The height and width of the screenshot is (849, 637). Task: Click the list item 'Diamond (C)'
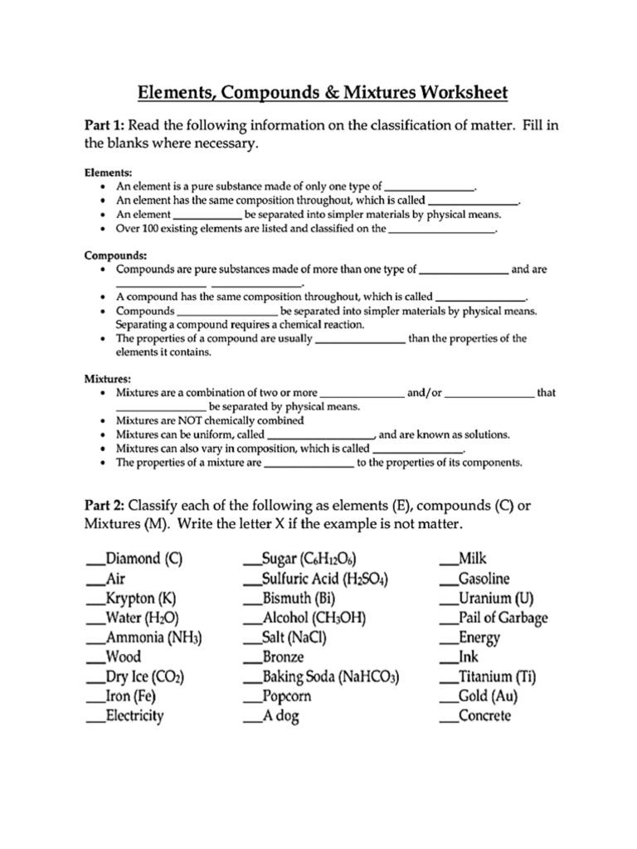coord(143,559)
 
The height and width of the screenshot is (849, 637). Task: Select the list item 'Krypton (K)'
coord(141,599)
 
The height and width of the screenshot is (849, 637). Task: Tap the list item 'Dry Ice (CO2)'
coord(145,677)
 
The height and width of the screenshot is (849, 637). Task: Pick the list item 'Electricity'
coord(134,716)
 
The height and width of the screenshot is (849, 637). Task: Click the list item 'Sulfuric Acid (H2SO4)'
coord(325,579)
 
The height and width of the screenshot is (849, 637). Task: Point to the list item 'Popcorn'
coord(286,696)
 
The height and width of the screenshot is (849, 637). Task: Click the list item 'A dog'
coord(280,716)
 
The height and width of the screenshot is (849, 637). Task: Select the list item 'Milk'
coord(473,559)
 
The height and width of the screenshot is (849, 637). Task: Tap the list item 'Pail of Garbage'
coord(503,618)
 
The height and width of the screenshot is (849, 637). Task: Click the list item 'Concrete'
coord(485,716)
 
